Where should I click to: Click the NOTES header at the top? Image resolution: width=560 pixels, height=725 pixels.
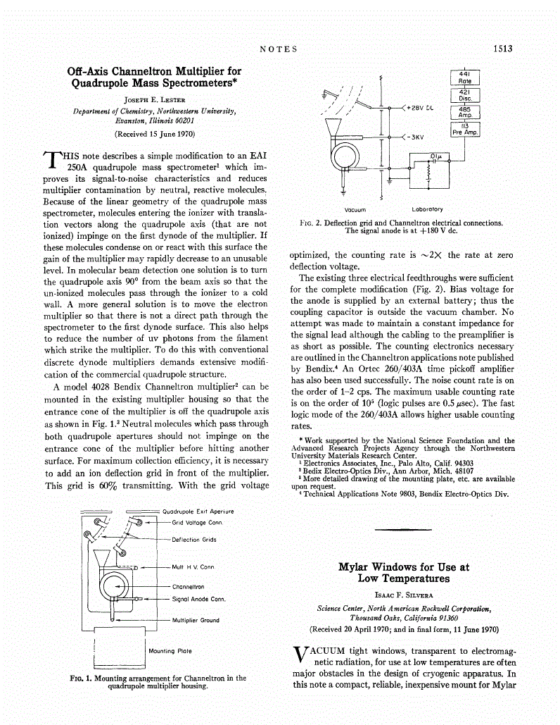[279, 49]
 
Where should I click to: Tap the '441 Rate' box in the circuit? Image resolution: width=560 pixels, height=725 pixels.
[464, 77]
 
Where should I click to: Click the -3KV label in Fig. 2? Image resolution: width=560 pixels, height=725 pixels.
[417, 137]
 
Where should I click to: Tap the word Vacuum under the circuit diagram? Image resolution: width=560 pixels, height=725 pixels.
[355, 209]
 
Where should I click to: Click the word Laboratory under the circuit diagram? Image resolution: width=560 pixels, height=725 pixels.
[427, 209]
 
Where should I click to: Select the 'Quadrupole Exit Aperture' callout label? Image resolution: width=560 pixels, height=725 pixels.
[198, 512]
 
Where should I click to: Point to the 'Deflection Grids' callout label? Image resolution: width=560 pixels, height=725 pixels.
[194, 539]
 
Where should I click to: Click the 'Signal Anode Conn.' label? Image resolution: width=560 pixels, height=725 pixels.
[198, 599]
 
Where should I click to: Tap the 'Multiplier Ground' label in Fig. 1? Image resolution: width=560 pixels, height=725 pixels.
[196, 620]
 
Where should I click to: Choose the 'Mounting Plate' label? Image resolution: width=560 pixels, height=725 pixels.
[170, 651]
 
